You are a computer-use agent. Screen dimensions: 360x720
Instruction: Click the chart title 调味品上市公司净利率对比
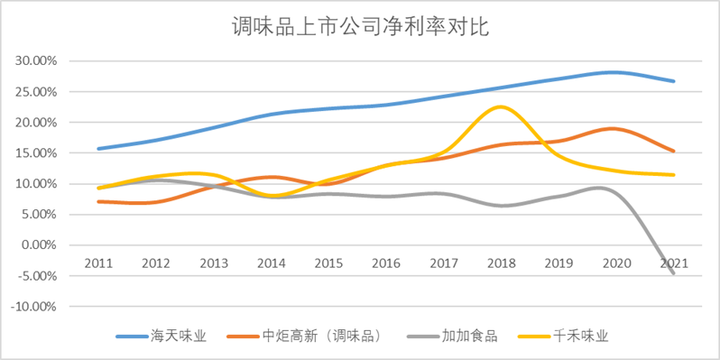(360, 27)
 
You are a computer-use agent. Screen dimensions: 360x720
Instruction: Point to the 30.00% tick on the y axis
(37, 61)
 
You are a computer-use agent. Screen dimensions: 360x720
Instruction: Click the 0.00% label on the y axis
(40, 245)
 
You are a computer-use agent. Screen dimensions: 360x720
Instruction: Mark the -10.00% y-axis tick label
(35, 306)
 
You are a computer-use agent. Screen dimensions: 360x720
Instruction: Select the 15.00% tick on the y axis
(37, 153)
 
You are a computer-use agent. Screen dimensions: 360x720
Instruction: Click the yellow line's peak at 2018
(500, 107)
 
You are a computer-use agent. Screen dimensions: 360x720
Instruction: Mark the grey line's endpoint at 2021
(673, 273)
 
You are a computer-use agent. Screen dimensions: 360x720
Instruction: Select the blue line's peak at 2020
(615, 72)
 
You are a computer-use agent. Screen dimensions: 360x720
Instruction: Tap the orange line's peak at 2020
(615, 129)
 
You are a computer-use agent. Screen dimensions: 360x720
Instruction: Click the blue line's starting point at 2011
(97, 149)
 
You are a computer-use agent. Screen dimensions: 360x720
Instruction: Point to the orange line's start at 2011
(97, 201)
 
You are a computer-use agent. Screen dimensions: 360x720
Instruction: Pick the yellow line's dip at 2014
(271, 196)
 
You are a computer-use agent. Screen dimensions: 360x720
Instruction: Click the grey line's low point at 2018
(502, 206)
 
